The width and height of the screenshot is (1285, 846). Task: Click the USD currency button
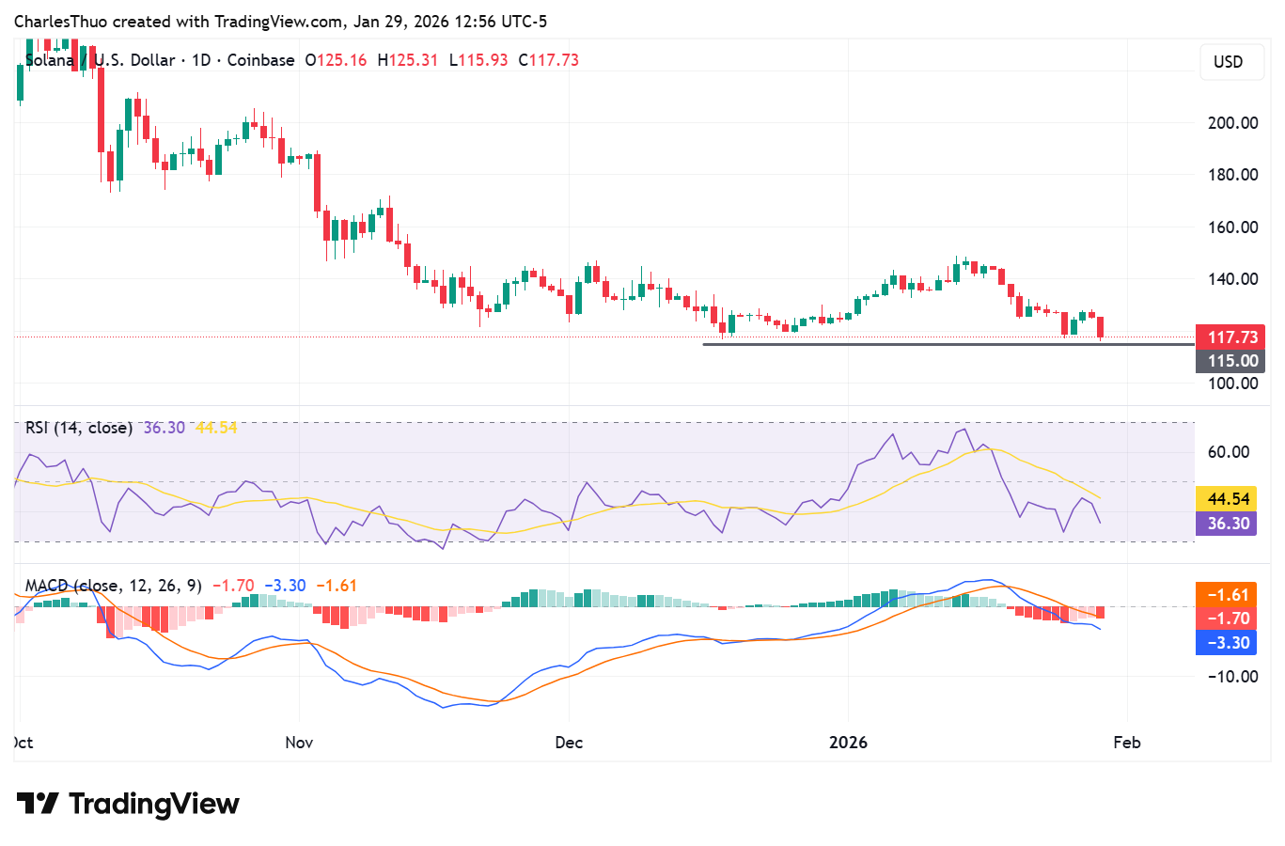click(x=1228, y=62)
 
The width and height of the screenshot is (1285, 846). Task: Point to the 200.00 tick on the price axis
click(x=1232, y=122)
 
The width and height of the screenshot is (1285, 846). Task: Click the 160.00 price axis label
click(x=1232, y=227)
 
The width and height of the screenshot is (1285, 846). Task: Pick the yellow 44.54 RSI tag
click(x=1226, y=499)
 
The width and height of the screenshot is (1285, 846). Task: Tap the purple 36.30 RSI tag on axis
click(x=1226, y=524)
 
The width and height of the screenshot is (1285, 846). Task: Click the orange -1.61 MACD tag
click(x=1226, y=595)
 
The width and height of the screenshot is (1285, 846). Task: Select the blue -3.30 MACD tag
click(x=1226, y=643)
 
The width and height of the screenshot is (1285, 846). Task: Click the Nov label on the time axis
click(x=299, y=743)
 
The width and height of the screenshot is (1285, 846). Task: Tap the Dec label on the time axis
click(x=569, y=743)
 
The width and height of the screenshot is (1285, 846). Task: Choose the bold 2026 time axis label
click(x=848, y=743)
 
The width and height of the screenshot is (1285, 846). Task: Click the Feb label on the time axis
click(x=1126, y=743)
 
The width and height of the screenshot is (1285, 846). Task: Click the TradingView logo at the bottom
click(x=128, y=805)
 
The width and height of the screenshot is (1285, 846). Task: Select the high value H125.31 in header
click(x=407, y=60)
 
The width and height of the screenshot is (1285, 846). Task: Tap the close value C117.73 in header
click(x=548, y=60)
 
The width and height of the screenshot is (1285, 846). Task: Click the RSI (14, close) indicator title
click(x=78, y=428)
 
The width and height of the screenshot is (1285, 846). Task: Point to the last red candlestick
click(x=1100, y=327)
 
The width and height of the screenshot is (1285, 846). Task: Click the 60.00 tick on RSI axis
click(x=1228, y=452)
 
